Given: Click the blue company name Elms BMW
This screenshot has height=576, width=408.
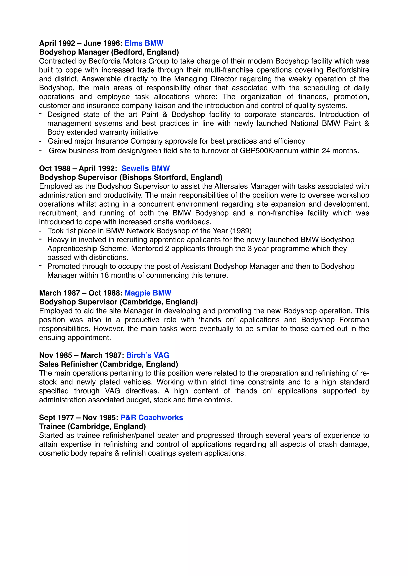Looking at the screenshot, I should point(144,43).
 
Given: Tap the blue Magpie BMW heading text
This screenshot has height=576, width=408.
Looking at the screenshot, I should point(148,293).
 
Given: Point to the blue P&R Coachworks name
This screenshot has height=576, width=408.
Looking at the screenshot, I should point(152,417).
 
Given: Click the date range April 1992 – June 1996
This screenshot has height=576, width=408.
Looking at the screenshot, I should point(81,43).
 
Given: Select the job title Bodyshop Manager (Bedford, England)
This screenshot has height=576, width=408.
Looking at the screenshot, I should point(109,52).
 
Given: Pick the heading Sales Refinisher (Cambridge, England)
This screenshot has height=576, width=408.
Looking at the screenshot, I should point(109,364).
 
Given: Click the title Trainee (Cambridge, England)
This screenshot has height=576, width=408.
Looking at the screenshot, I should point(92,426).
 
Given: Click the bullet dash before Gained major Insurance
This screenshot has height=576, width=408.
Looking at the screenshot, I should point(40,141).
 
